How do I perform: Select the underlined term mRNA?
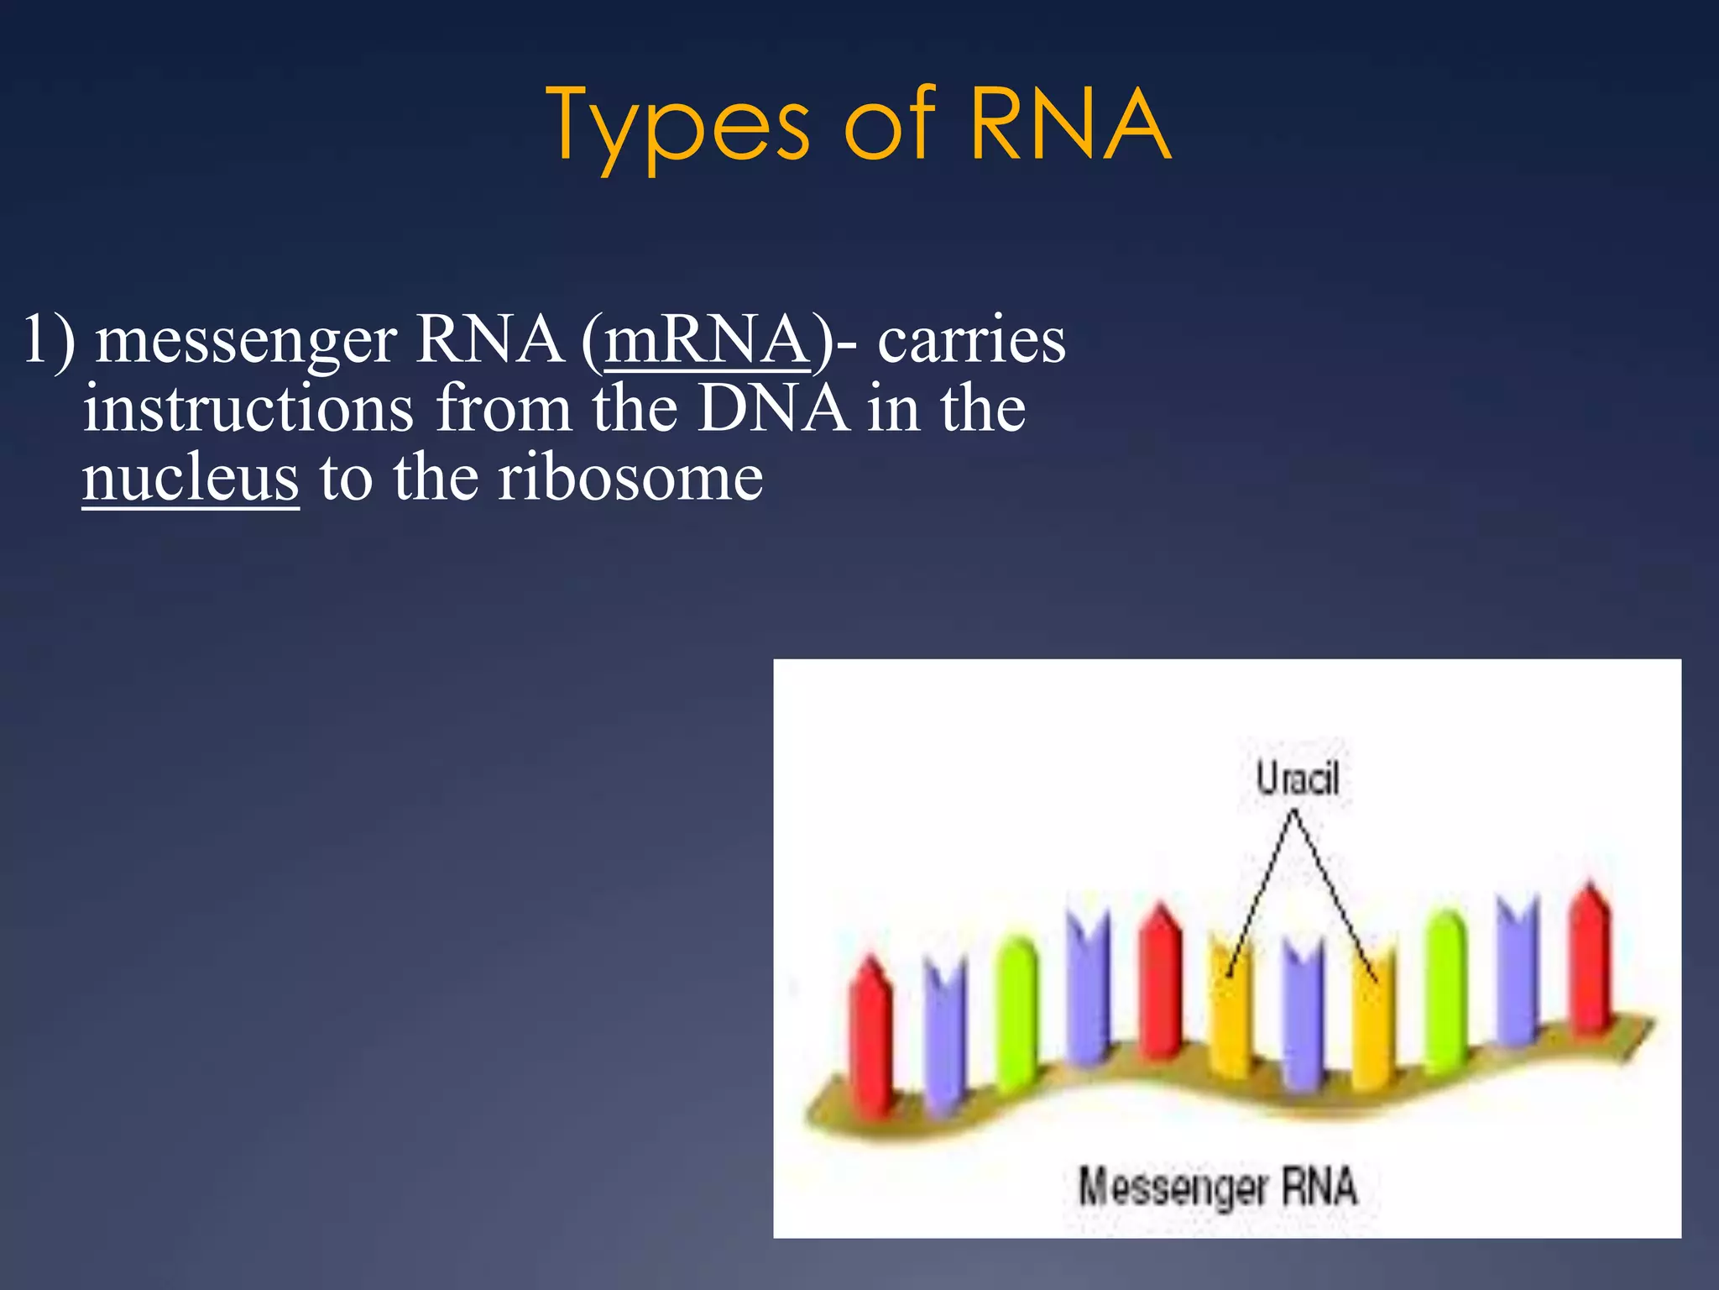pyautogui.click(x=707, y=339)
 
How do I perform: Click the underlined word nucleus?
pyautogui.click(x=191, y=477)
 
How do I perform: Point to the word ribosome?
pyautogui.click(x=630, y=477)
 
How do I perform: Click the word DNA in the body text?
pyautogui.click(x=772, y=408)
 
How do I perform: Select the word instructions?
pyautogui.click(x=248, y=408)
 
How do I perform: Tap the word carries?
pyautogui.click(x=971, y=341)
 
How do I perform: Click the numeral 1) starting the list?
pyautogui.click(x=48, y=339)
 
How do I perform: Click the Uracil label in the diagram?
pyautogui.click(x=1297, y=779)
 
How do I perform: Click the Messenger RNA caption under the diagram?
pyautogui.click(x=1217, y=1188)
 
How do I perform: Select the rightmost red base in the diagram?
pyautogui.click(x=1590, y=957)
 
